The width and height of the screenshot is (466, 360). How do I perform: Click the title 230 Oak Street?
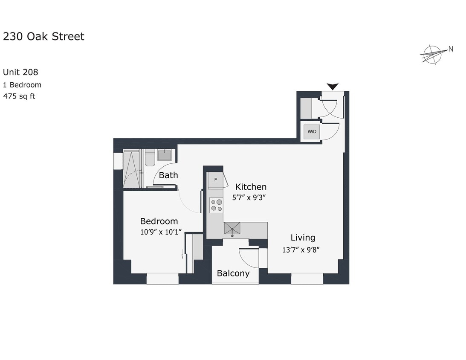click(43, 37)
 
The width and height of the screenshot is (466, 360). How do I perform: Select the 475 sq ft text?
click(19, 96)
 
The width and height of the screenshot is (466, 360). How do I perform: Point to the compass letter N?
click(451, 49)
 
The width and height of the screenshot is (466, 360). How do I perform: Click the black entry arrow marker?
click(333, 87)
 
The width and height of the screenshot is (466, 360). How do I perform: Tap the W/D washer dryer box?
click(312, 131)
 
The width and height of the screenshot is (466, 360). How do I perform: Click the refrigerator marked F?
click(215, 180)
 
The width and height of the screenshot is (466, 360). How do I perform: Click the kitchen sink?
click(232, 229)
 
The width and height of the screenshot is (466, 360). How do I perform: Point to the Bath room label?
click(168, 175)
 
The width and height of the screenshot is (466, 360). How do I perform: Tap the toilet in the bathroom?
click(150, 157)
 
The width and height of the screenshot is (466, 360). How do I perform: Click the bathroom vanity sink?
click(165, 154)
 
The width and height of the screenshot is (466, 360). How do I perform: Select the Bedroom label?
click(159, 221)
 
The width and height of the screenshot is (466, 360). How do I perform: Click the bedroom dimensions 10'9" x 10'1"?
click(161, 232)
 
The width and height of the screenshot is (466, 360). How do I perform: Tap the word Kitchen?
click(251, 187)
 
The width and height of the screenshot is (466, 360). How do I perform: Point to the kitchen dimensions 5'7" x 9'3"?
click(249, 197)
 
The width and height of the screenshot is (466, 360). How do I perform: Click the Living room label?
click(303, 238)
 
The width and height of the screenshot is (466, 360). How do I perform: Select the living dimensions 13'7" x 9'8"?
click(301, 250)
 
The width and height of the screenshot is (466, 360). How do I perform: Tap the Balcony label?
click(233, 273)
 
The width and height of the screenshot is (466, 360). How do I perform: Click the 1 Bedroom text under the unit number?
click(22, 85)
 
